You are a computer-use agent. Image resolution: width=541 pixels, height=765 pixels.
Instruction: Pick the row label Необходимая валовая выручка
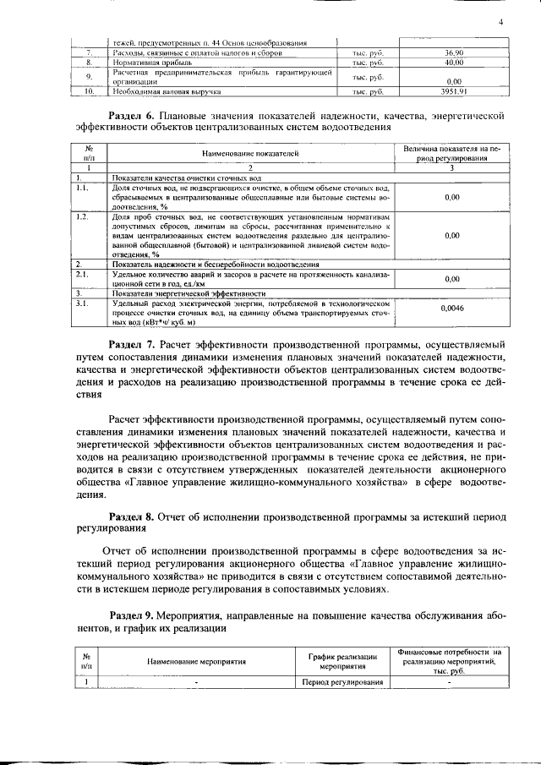tap(167, 90)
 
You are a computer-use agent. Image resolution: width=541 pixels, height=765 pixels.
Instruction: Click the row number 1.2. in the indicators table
tap(83, 217)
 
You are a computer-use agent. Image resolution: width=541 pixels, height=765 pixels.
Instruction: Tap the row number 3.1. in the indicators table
tap(83, 302)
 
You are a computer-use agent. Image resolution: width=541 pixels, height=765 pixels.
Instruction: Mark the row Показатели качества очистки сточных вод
tap(178, 178)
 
